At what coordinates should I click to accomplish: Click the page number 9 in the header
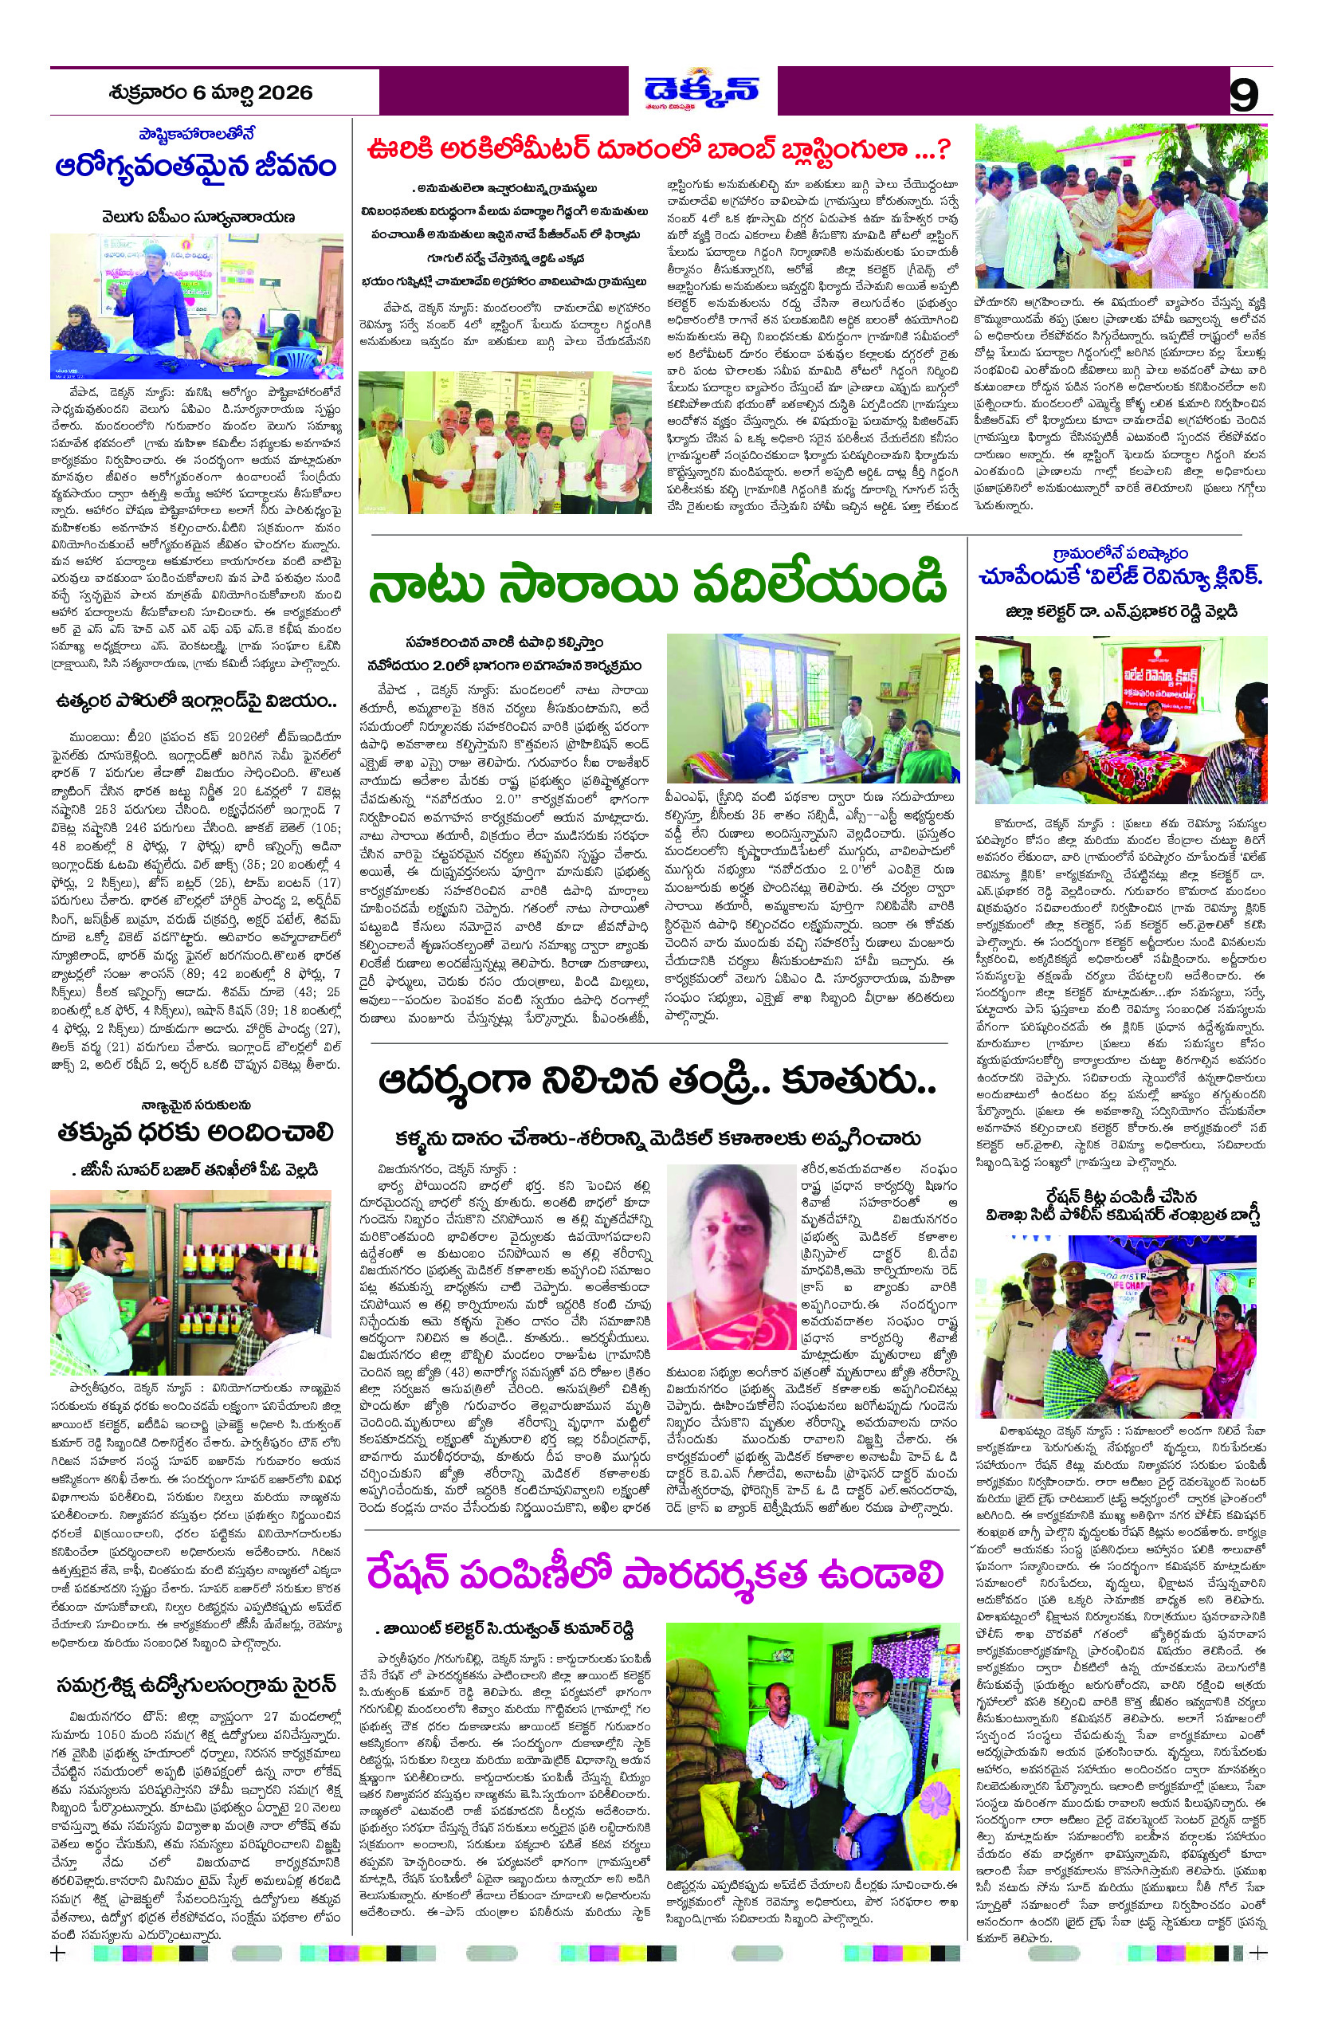(1244, 94)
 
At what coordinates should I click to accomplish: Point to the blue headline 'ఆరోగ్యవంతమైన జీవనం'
(196, 165)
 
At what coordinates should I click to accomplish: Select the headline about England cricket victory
(196, 701)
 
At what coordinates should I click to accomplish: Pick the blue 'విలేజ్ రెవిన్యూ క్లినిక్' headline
(1120, 578)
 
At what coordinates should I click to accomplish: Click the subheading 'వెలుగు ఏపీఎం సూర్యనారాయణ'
(196, 217)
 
